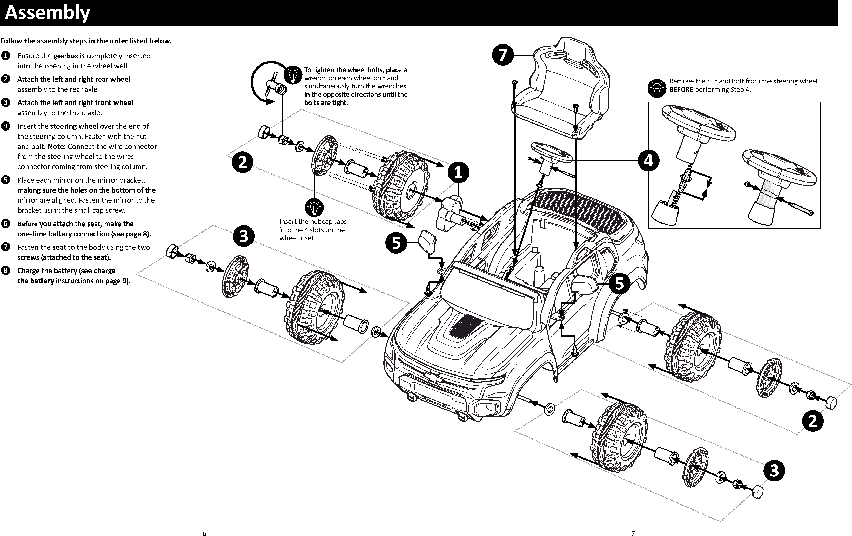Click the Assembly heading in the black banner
[x=48, y=12]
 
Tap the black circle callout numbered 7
[x=503, y=55]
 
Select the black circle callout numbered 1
[x=458, y=172]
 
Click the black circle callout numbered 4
[x=648, y=160]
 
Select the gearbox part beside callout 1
[x=450, y=212]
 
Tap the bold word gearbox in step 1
[x=65, y=56]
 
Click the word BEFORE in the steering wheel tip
[x=681, y=90]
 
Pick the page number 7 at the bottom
[x=633, y=533]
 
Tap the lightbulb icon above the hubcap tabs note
[x=314, y=207]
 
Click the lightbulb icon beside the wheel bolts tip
[x=293, y=74]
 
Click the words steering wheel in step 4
[x=74, y=126]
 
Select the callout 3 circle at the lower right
[x=774, y=471]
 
